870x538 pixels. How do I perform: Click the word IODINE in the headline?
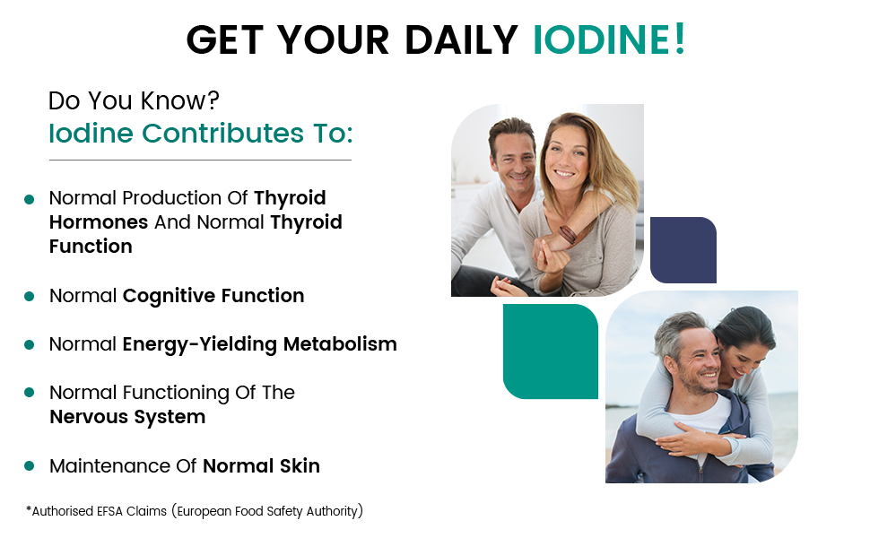601,39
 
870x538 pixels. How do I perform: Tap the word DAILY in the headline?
461,40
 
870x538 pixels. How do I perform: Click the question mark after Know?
213,100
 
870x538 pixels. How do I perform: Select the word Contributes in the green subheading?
222,133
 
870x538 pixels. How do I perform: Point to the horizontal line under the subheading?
200,160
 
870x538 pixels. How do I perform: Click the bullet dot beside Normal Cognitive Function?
30,297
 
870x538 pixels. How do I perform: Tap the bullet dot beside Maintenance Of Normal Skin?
30,466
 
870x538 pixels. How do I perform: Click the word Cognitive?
170,296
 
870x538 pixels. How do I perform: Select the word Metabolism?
340,344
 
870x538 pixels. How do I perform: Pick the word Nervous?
89,417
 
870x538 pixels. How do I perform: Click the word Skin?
300,466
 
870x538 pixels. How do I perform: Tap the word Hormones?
99,222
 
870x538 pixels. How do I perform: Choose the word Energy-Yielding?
200,344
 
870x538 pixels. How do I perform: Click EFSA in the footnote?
109,511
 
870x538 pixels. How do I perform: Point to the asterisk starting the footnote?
29,508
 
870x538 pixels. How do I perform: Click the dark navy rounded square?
683,250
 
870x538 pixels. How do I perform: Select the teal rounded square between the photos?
551,351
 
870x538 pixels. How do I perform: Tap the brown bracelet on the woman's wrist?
568,234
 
